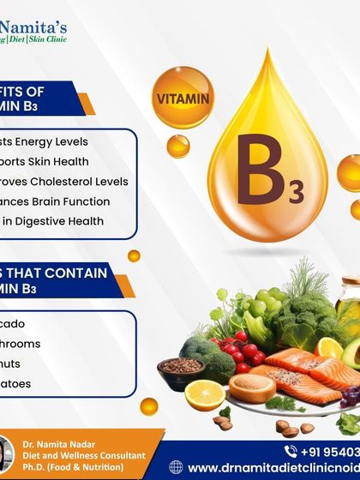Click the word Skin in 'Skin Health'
point(69,161)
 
